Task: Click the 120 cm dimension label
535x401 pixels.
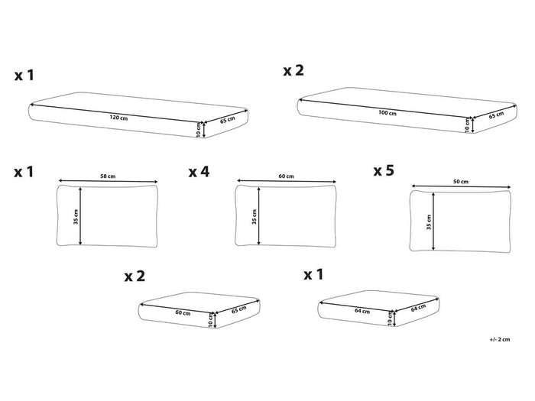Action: pos(118,118)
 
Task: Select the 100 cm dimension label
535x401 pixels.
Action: pos(387,112)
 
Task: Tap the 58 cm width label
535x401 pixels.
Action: pos(108,176)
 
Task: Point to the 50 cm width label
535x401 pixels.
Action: pos(461,182)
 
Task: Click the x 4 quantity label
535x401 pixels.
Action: pos(199,172)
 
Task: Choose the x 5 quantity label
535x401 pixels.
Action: pos(384,170)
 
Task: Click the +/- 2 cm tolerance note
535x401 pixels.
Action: pos(500,339)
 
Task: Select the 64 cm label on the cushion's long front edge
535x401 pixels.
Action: pos(362,311)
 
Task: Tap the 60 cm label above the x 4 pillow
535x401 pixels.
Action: pos(286,176)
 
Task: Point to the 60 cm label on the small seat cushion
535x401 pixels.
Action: pos(183,312)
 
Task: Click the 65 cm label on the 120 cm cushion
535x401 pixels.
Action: pos(228,120)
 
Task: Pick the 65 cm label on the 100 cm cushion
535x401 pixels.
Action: pos(497,115)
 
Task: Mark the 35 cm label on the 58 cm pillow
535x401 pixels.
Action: pos(76,216)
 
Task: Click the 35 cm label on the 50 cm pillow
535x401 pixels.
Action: pos(429,222)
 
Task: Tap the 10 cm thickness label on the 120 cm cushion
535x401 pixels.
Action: pos(199,130)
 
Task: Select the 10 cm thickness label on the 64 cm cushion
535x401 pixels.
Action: pos(390,318)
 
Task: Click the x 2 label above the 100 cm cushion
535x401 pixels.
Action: pos(293,70)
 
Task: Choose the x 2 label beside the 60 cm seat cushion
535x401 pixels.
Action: pos(135,276)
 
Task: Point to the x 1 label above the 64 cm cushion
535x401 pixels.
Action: pos(313,274)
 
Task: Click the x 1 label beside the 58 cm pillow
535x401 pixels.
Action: pos(24,172)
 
